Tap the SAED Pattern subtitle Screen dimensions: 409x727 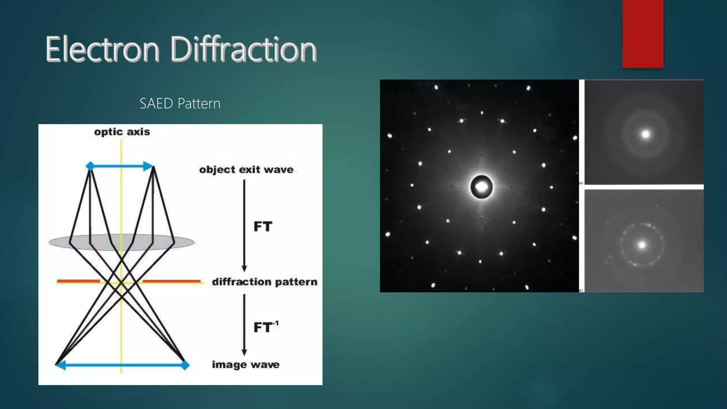180,104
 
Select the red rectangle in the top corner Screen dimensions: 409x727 643,34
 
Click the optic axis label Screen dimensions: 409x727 122,132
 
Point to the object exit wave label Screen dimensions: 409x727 246,170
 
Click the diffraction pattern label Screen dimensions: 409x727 264,282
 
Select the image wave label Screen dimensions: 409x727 246,365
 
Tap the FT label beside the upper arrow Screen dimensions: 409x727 263,227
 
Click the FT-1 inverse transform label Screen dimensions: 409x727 266,327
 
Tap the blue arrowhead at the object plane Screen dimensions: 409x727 148,166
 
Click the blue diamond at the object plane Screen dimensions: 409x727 90,166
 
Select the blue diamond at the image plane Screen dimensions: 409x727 185,365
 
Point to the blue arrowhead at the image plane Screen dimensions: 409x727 61,365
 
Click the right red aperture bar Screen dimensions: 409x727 171,282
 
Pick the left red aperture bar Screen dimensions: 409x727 78,282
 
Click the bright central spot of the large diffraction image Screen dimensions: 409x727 481,186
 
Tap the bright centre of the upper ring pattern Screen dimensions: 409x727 645,134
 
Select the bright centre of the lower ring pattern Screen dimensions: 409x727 642,245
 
